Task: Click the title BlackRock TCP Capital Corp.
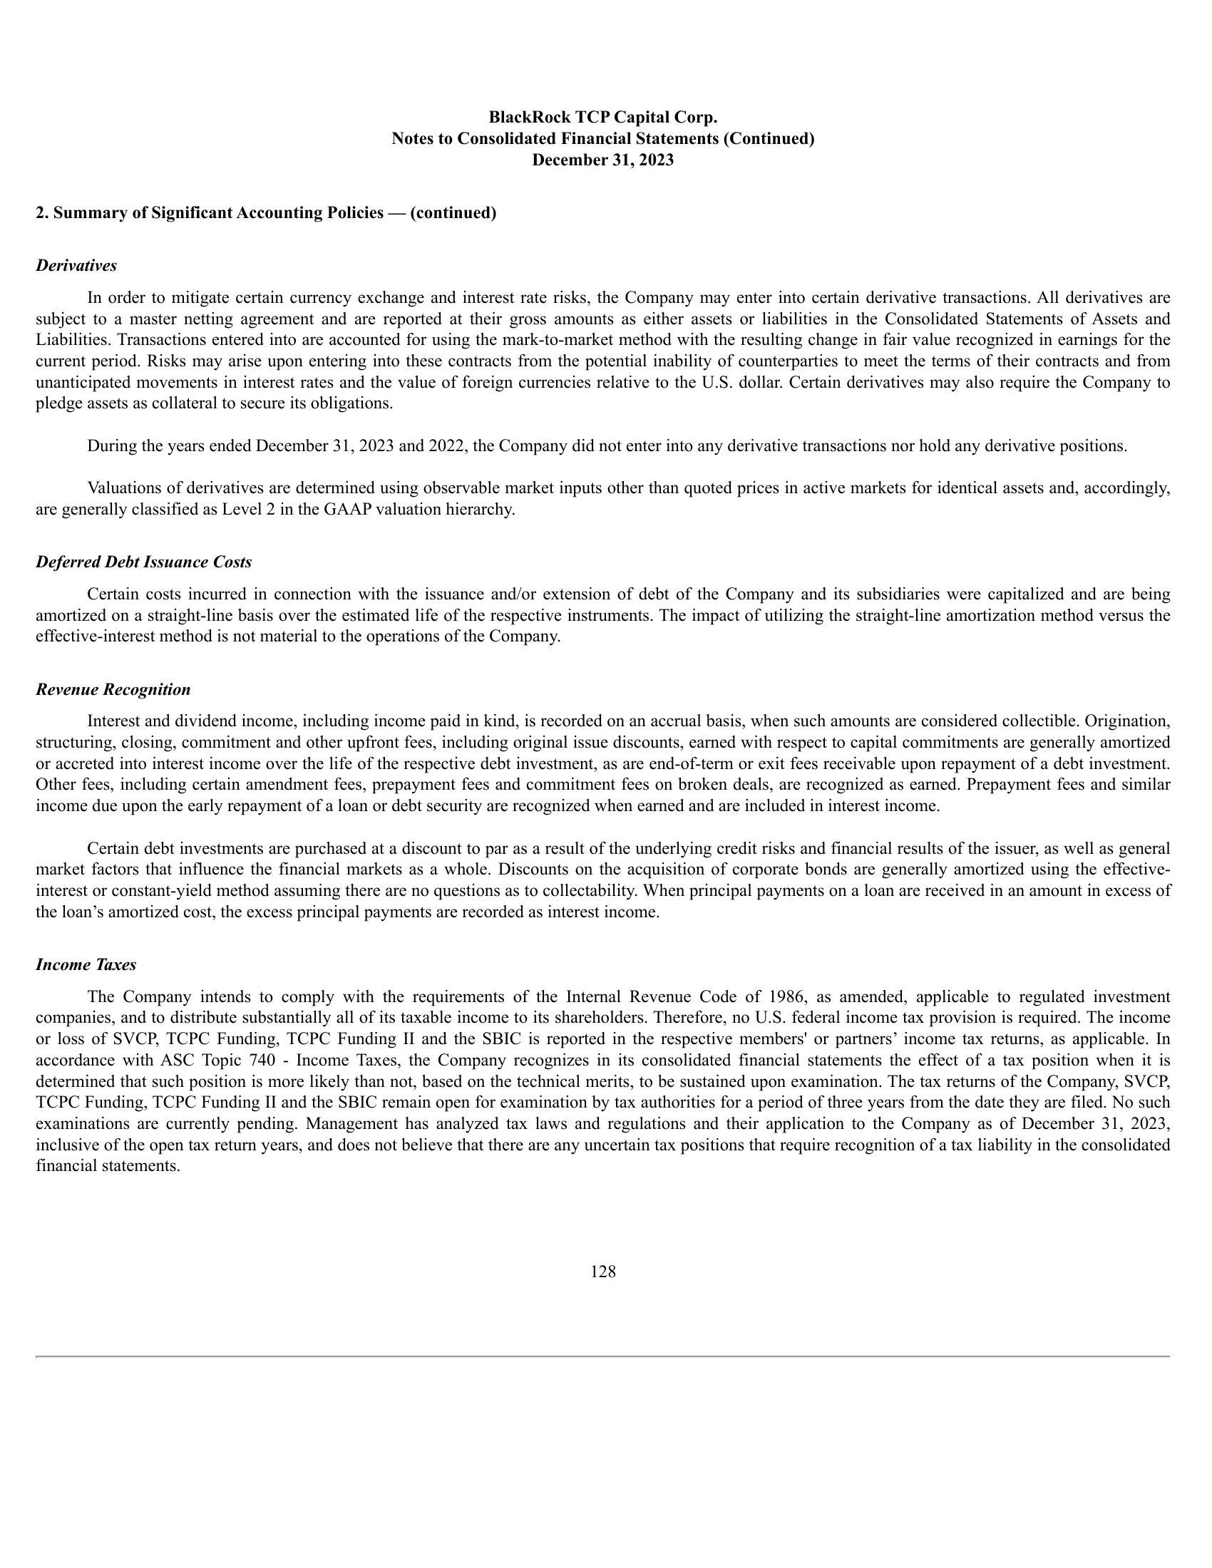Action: [x=602, y=117]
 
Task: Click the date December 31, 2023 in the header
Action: [x=602, y=160]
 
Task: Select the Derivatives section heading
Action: [x=76, y=266]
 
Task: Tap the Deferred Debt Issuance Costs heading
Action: [x=143, y=562]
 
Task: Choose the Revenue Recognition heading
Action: [x=113, y=690]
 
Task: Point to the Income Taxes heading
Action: [x=86, y=965]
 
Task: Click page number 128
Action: [x=602, y=1272]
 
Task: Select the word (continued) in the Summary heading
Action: [x=453, y=213]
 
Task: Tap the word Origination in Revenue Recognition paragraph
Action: [x=1129, y=721]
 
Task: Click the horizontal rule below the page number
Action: [x=602, y=1356]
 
